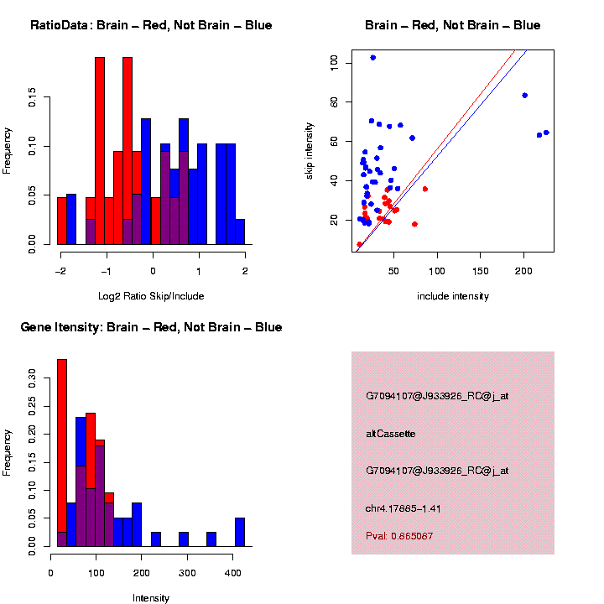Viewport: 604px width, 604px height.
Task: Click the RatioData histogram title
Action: tap(151, 25)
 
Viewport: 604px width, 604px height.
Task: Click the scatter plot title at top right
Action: tap(453, 25)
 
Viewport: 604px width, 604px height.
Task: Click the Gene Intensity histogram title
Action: tap(151, 327)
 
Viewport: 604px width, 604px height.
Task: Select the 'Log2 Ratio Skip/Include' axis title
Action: tap(152, 296)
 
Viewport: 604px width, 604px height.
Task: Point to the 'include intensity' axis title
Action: tap(452, 296)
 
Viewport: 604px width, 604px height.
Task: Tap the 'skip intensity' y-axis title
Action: tap(310, 150)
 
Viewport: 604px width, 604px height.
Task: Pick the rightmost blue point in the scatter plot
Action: tap(546, 133)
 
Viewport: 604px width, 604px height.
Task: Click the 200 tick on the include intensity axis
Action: tap(523, 271)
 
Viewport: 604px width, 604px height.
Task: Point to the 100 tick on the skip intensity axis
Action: tap(334, 62)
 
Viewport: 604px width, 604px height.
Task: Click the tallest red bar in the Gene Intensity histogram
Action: tap(62, 453)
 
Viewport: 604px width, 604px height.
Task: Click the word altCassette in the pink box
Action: tap(391, 434)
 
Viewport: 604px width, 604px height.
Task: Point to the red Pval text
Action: tap(399, 536)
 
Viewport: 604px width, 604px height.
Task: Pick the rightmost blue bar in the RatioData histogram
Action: tap(240, 232)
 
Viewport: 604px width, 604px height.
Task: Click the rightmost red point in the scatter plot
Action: tap(425, 189)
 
